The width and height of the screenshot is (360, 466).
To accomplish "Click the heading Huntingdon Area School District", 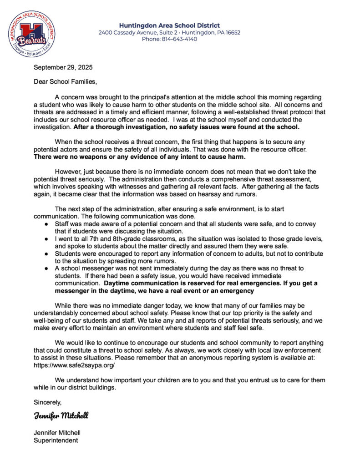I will click(169, 25).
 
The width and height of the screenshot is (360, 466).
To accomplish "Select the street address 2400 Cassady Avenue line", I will click(169, 32).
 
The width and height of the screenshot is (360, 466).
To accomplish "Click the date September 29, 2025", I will click(63, 67).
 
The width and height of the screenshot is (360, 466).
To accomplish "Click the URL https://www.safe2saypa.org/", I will click(74, 365).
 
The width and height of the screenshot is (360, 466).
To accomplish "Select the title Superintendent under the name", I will click(56, 440).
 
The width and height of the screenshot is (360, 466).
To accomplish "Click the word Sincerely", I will click(47, 402).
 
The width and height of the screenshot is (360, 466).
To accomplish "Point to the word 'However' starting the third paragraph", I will click(67, 172).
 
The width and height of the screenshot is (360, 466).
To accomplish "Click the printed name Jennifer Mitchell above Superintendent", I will click(57, 432).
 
